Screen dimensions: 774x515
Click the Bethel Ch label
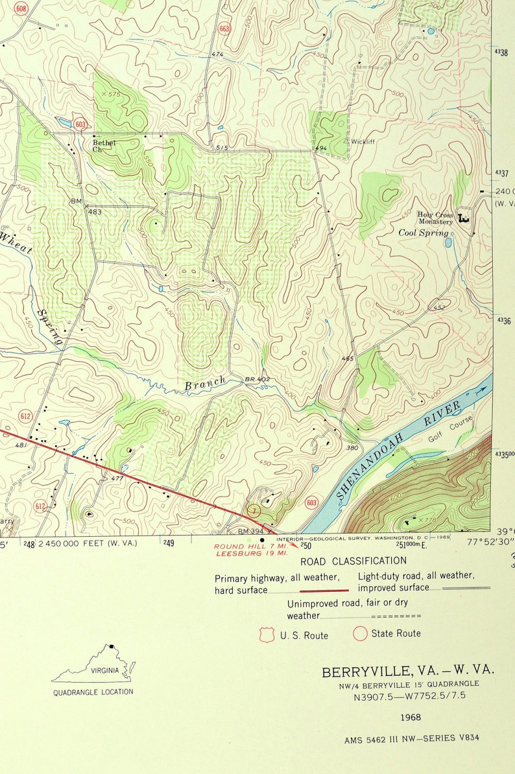(x=104, y=145)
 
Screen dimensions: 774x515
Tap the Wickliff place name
(x=363, y=141)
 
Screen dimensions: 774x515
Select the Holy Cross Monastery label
(x=435, y=218)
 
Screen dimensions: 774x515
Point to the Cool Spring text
(x=423, y=233)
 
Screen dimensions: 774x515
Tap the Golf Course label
(x=450, y=429)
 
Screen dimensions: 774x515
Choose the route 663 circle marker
(x=225, y=29)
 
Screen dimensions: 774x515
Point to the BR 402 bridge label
(x=257, y=379)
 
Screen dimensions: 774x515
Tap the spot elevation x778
(x=425, y=521)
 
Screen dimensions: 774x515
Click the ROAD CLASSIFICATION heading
(x=353, y=561)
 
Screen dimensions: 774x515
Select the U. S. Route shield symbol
(x=267, y=635)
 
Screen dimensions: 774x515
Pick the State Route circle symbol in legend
(x=360, y=633)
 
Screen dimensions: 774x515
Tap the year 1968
(x=411, y=717)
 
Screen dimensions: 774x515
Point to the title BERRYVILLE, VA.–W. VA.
(x=408, y=671)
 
